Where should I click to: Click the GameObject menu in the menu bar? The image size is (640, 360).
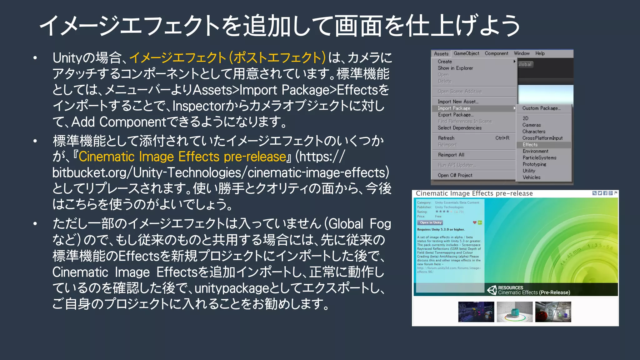click(x=466, y=53)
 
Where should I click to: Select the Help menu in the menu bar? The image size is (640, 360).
click(x=540, y=53)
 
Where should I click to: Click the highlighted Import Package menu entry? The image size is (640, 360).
click(x=454, y=108)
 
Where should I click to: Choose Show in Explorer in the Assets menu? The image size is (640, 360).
click(x=455, y=68)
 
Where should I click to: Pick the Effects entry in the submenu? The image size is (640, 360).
click(x=530, y=145)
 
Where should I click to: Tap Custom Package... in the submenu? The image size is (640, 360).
click(x=541, y=108)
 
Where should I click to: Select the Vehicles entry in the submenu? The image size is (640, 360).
click(x=531, y=177)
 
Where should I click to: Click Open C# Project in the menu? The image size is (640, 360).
click(x=455, y=175)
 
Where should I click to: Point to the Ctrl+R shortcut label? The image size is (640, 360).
click(x=502, y=138)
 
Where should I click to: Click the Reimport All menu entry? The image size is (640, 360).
click(x=451, y=155)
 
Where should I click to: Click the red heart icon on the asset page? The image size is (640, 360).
click(x=475, y=222)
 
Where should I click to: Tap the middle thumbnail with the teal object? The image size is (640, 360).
click(x=515, y=312)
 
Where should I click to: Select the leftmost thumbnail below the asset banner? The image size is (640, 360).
click(x=476, y=312)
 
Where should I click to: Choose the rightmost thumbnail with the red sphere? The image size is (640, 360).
click(x=553, y=312)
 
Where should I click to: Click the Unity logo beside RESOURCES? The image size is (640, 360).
click(x=492, y=290)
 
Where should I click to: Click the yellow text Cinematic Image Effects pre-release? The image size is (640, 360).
click(x=182, y=157)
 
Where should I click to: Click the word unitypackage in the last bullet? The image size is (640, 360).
click(x=232, y=288)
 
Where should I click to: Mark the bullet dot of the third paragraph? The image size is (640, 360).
click(x=35, y=224)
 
